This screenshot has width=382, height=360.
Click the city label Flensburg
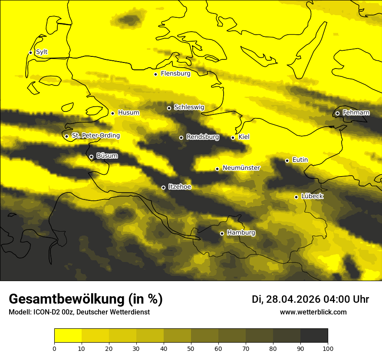click(175, 74)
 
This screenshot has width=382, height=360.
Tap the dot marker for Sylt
click(30, 52)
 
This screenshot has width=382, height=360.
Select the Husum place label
click(128, 113)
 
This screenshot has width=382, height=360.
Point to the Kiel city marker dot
click(233, 137)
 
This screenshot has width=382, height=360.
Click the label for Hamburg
click(241, 233)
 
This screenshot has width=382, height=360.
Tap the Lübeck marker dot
click(296, 197)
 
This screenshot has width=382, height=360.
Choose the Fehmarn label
click(356, 113)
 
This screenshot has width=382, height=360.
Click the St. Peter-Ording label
click(95, 136)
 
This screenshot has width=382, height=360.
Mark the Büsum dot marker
click(91, 157)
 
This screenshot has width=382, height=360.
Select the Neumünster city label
click(241, 168)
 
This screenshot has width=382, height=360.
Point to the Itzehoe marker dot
click(163, 187)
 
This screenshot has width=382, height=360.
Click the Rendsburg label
click(203, 137)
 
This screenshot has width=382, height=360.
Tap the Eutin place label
click(300, 160)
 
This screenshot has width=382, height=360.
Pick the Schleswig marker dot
click(169, 108)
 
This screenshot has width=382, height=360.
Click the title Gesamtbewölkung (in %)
click(86, 299)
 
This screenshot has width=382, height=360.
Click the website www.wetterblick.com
click(313, 312)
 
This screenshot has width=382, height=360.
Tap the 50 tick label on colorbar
click(191, 348)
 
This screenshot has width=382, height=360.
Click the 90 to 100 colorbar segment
click(314, 335)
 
